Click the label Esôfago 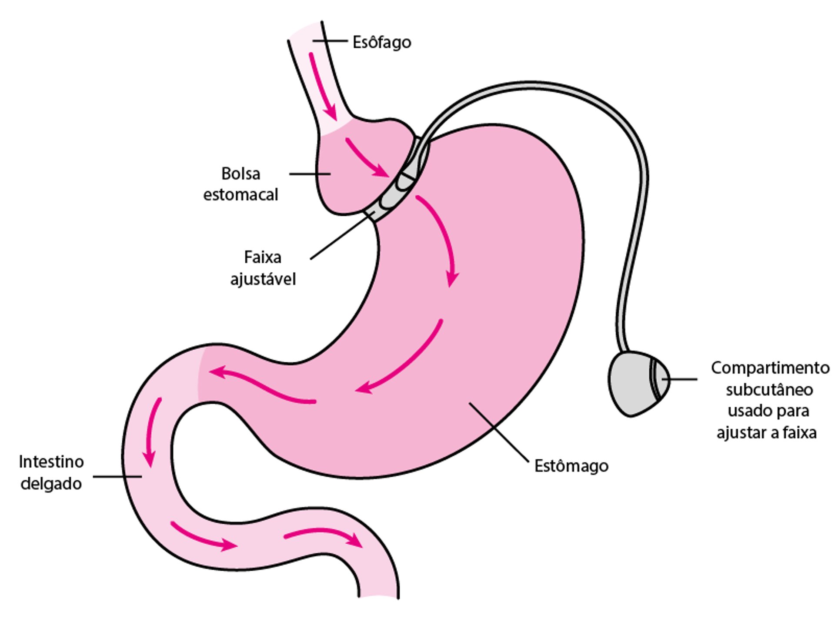tap(381, 43)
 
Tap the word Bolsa tap(240, 174)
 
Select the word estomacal tap(240, 194)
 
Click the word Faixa tap(262, 257)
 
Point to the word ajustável tap(263, 279)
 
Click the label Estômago tap(571, 466)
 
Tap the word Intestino tap(51, 461)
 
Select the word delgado tap(51, 483)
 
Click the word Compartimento tap(770, 368)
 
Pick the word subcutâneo tap(769, 390)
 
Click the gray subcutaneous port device tap(635, 383)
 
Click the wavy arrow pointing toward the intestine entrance tap(261, 385)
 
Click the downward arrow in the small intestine tap(153, 431)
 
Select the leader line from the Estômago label tap(499, 431)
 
